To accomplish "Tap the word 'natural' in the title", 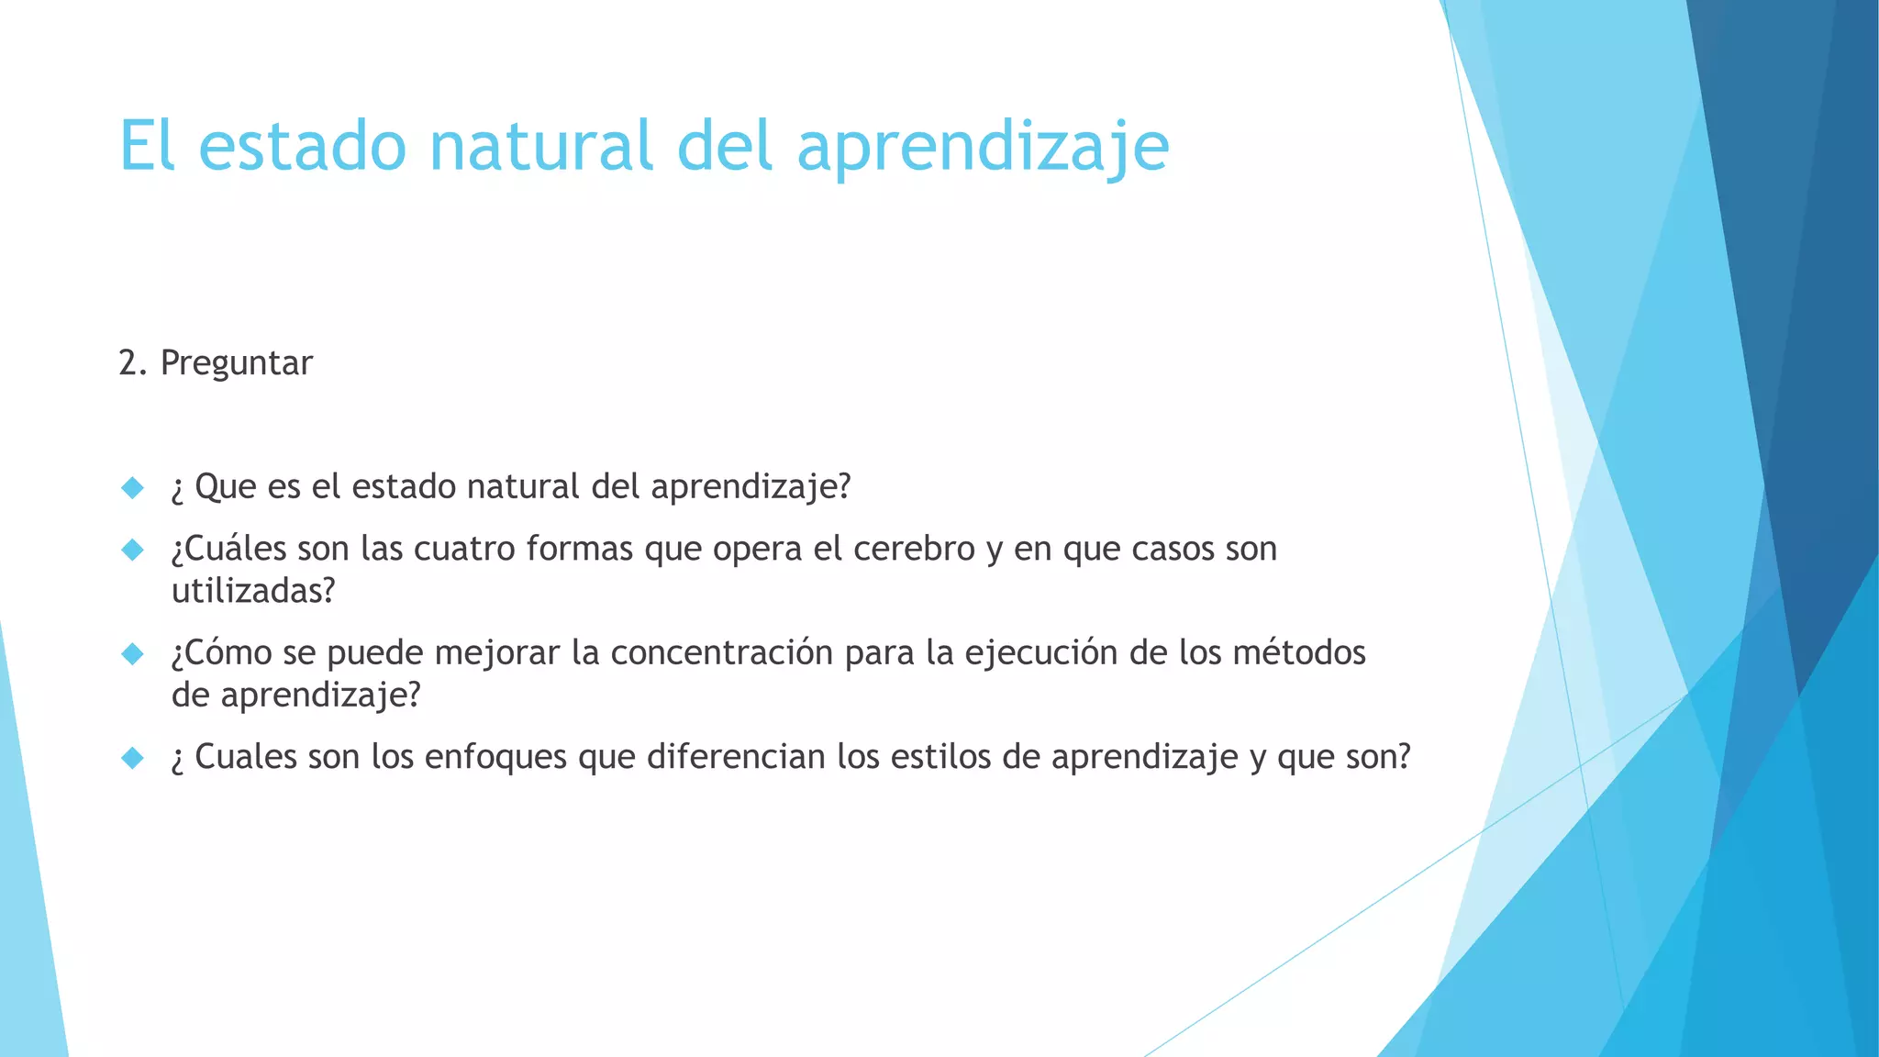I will (540, 147).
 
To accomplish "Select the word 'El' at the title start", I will (147, 147).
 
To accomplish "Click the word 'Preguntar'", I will (236, 363).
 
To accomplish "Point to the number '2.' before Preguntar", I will (133, 363).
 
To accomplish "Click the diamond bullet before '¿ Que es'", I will (133, 487).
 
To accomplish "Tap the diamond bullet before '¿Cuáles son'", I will (133, 550).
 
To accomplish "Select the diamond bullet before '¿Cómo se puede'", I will (133, 653).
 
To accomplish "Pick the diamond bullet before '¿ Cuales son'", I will (133, 758).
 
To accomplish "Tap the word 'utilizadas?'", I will (253, 591).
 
